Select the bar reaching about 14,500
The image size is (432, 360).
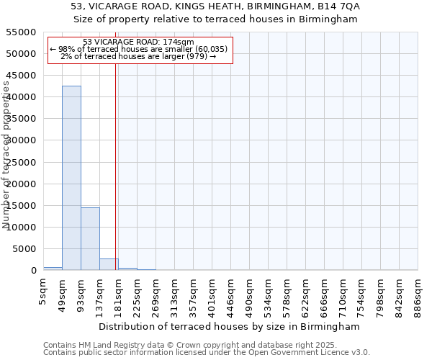[x=90, y=238]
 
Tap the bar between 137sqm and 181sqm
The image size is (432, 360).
[x=109, y=264]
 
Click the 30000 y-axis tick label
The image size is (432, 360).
[x=20, y=140]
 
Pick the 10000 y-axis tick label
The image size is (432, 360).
[x=20, y=228]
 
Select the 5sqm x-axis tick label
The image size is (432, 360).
[x=43, y=292]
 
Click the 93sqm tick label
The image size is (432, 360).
[x=81, y=292]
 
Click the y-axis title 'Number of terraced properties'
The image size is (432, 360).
[x=6, y=155]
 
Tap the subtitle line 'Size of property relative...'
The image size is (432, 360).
[x=215, y=19]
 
